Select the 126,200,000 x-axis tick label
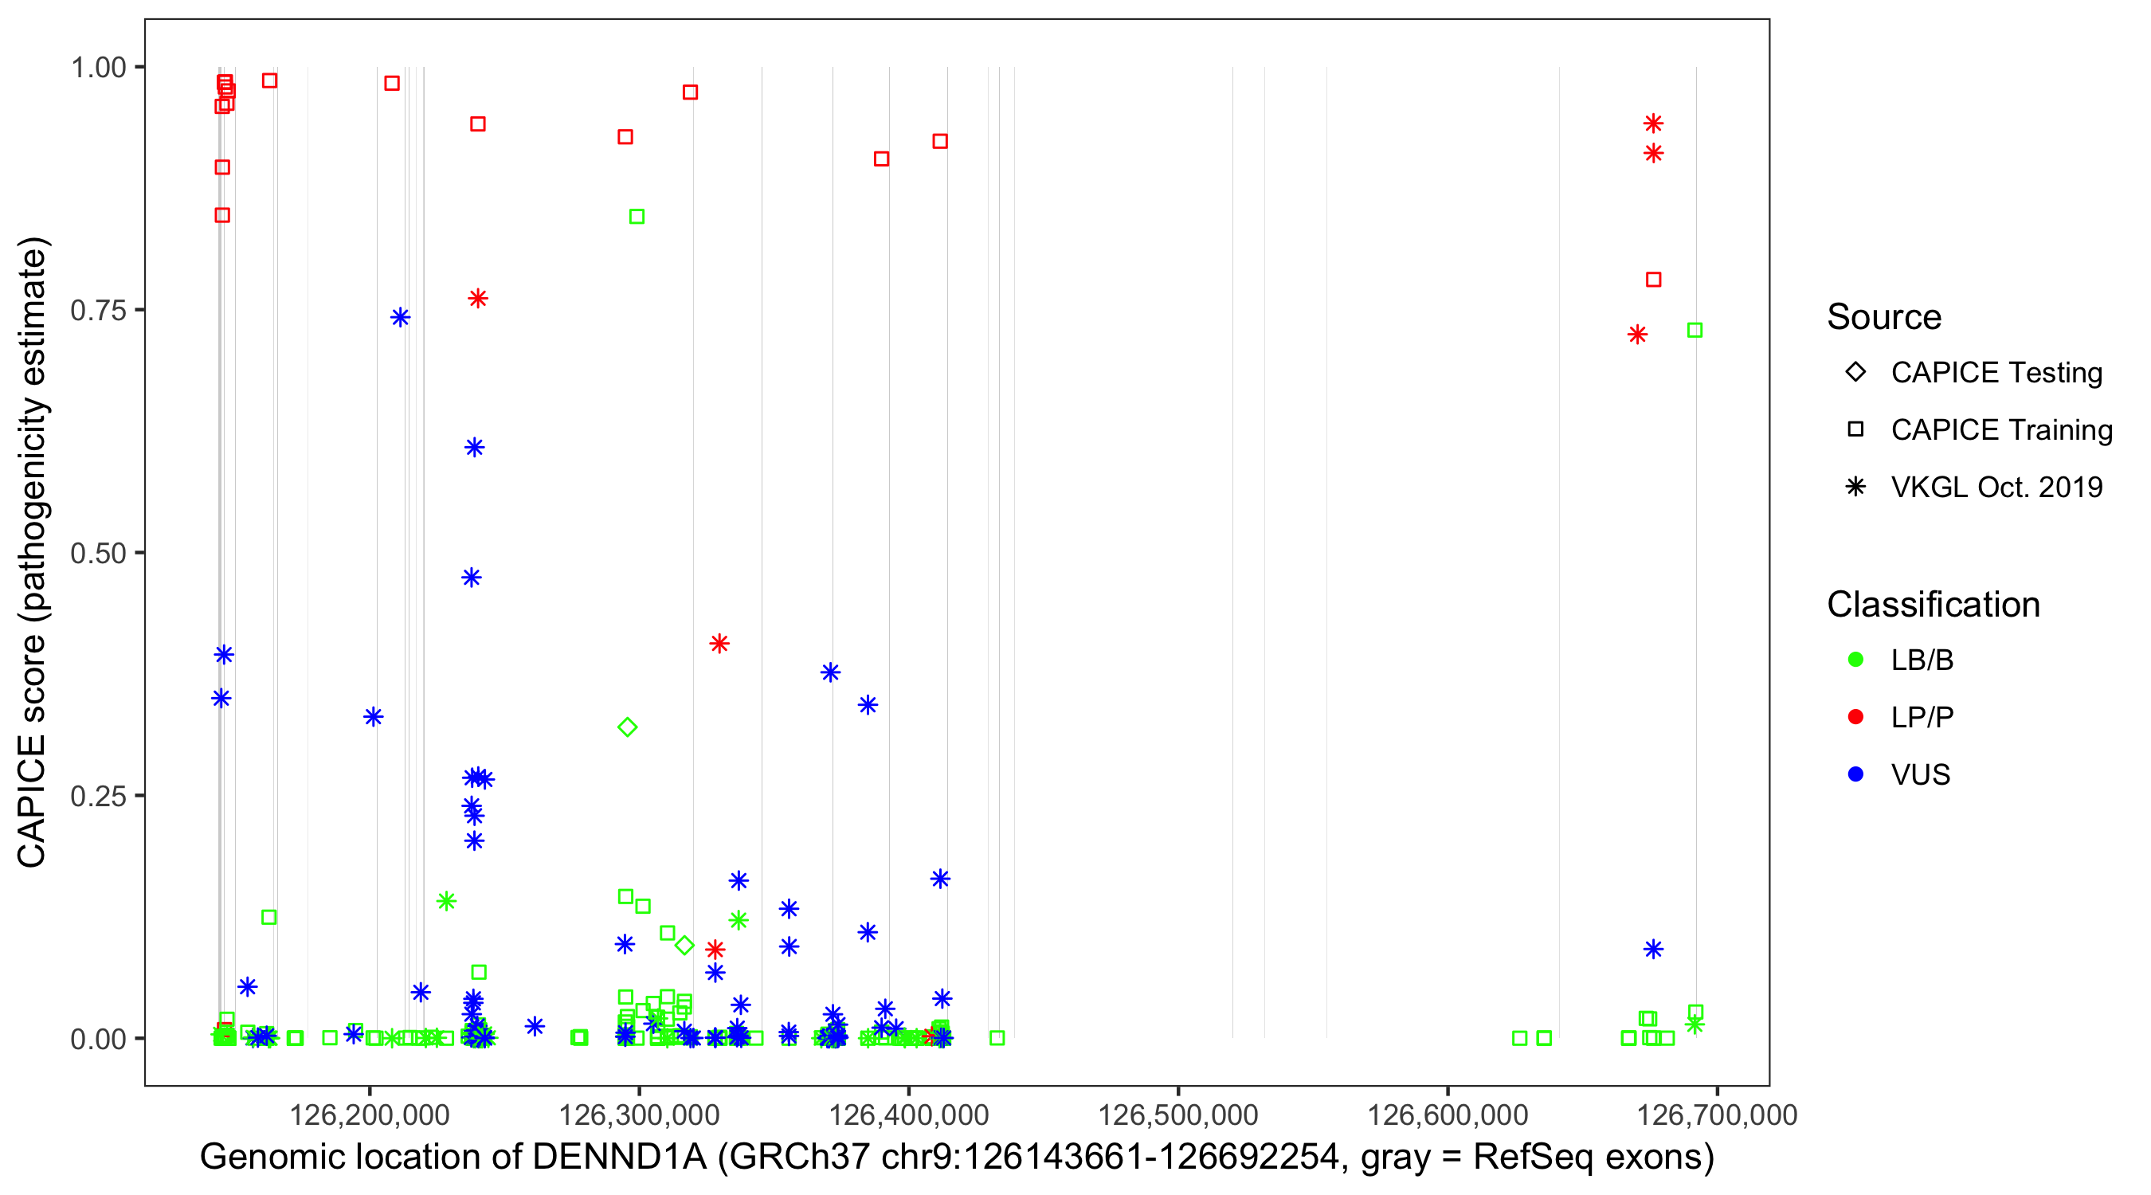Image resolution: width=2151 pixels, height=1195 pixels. pyautogui.click(x=369, y=1114)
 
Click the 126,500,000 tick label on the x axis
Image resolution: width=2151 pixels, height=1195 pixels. pyautogui.click(x=1177, y=1114)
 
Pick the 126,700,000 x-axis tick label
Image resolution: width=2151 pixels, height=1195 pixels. pyautogui.click(x=1717, y=1114)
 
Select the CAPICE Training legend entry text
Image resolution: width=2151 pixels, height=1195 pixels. pyautogui.click(x=2001, y=430)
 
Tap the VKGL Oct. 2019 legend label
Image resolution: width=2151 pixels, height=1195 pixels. pyautogui.click(x=1996, y=488)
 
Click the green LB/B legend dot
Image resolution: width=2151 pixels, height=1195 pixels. pyautogui.click(x=1855, y=660)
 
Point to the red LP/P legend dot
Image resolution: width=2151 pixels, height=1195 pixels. pyautogui.click(x=1855, y=717)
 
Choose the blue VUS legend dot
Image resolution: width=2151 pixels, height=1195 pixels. pyautogui.click(x=1855, y=775)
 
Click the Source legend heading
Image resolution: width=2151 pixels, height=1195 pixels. pyautogui.click(x=1884, y=317)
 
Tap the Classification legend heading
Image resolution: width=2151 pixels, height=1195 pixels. pyautogui.click(x=1933, y=605)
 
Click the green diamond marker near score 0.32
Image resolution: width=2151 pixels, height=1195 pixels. pyautogui.click(x=627, y=727)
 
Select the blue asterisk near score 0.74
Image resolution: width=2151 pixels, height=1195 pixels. pyautogui.click(x=400, y=317)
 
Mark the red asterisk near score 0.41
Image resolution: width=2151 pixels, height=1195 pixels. pyautogui.click(x=719, y=644)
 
